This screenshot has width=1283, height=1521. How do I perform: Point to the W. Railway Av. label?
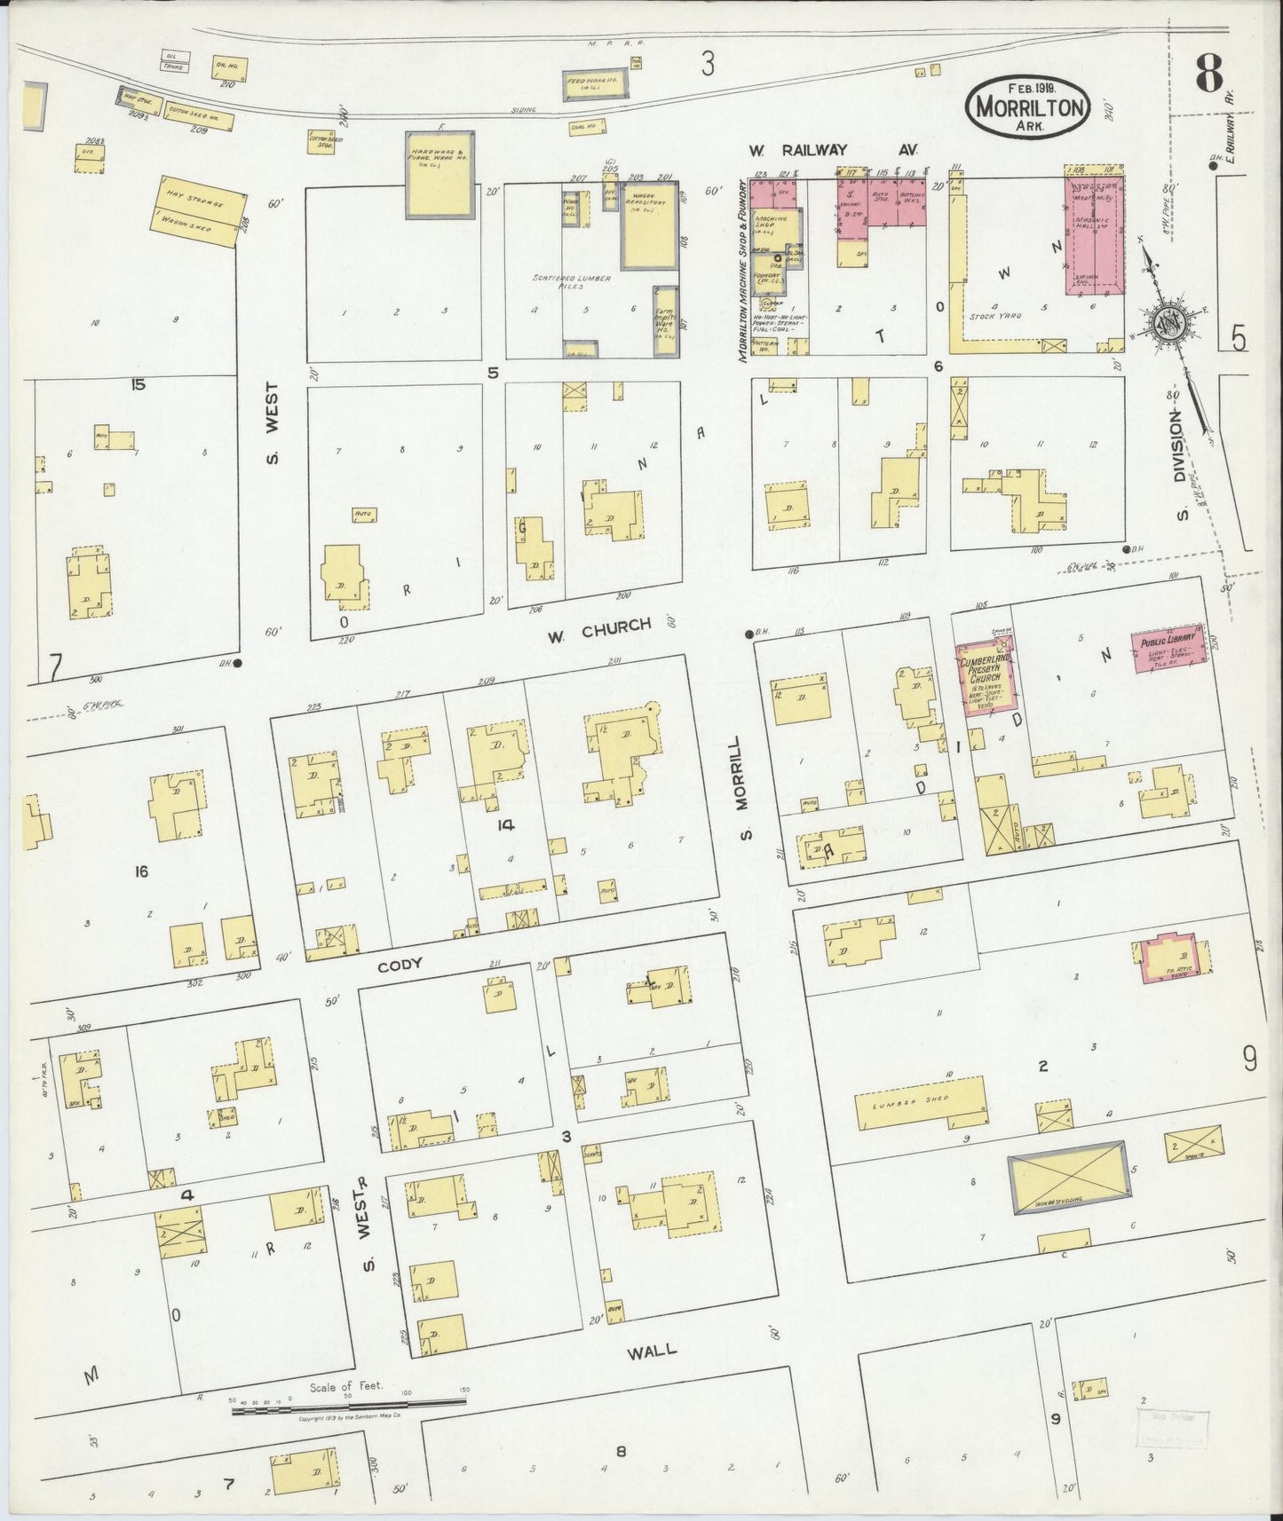833,151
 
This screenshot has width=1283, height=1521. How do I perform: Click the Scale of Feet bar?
349,1403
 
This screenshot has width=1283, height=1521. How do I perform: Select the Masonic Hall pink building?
1095,235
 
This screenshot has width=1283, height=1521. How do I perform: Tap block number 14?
506,825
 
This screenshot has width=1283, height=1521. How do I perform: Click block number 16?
140,872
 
